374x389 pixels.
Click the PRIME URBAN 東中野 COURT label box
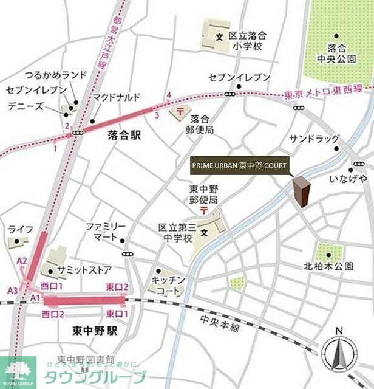239,165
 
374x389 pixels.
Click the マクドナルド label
117,97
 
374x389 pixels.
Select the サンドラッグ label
314,139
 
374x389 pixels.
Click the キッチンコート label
166,286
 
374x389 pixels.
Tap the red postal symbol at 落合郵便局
180,112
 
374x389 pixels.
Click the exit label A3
13,291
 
